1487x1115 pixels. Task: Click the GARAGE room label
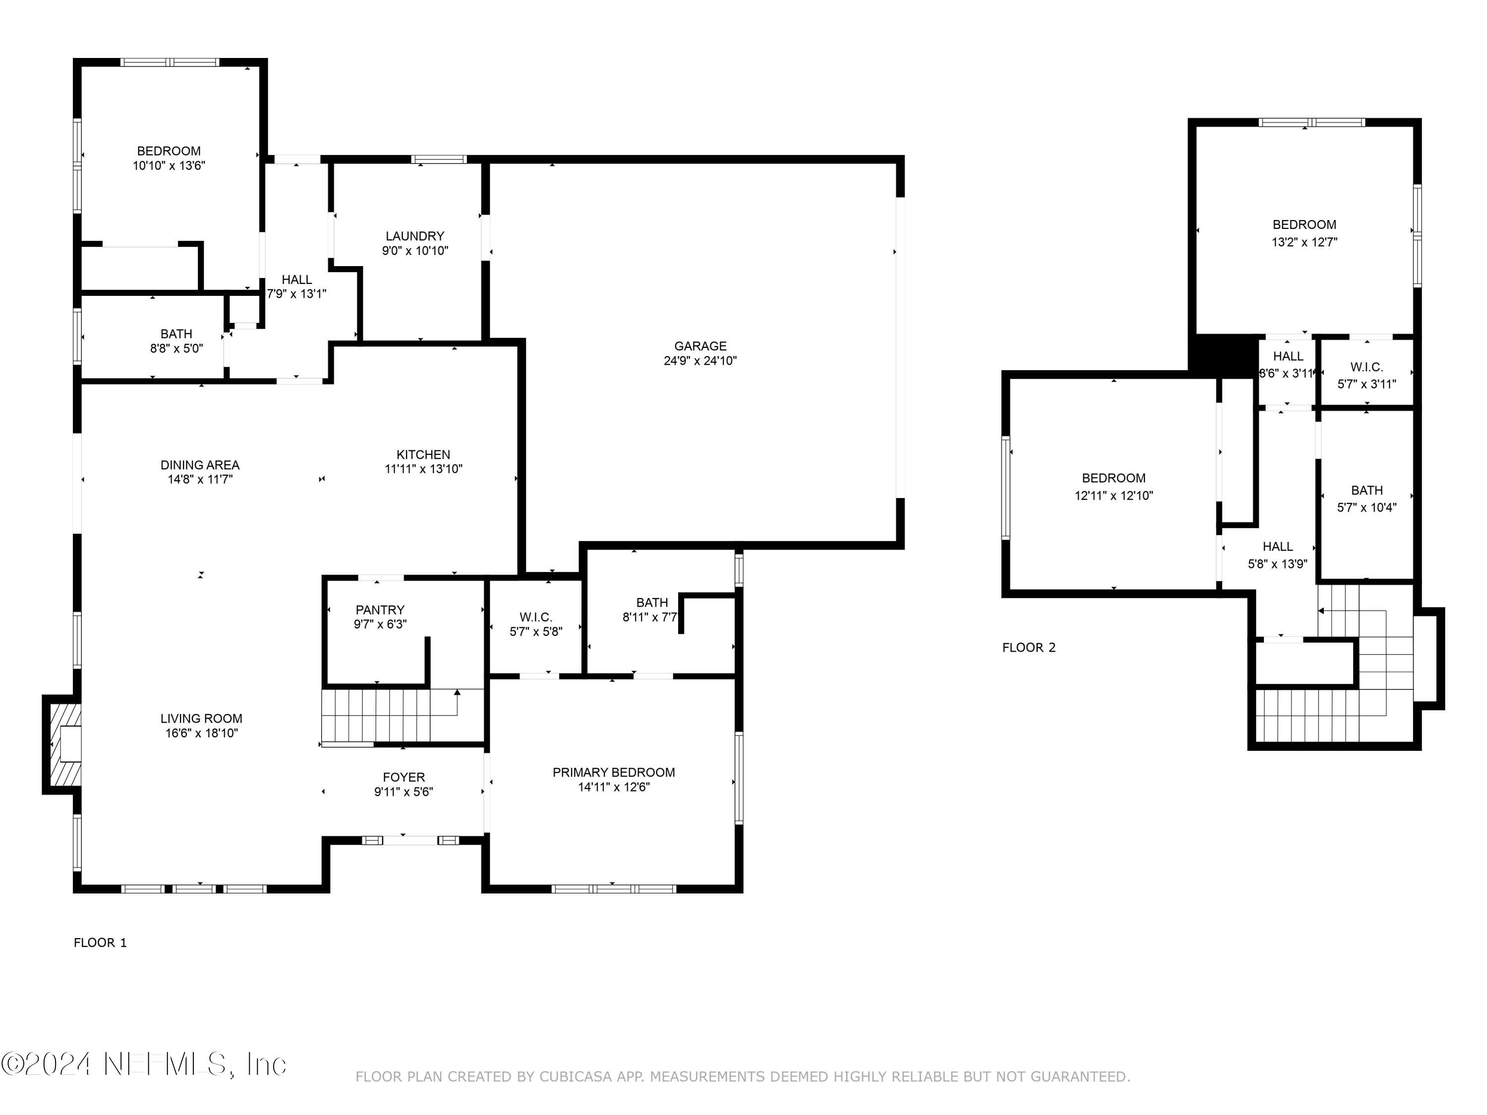(700, 345)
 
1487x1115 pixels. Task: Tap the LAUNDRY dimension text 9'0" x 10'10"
(415, 251)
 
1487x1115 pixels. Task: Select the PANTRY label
(380, 610)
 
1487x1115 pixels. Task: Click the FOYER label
(403, 777)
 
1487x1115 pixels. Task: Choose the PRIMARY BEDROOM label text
(613, 772)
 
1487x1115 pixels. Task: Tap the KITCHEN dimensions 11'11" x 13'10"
(423, 469)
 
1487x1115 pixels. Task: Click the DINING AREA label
(200, 464)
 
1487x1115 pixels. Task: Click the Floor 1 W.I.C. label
(535, 617)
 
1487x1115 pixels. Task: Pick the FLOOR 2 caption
(1029, 647)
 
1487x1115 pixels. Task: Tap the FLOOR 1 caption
(100, 942)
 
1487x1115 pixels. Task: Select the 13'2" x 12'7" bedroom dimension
(1304, 242)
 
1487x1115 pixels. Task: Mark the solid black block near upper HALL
(1223, 353)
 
